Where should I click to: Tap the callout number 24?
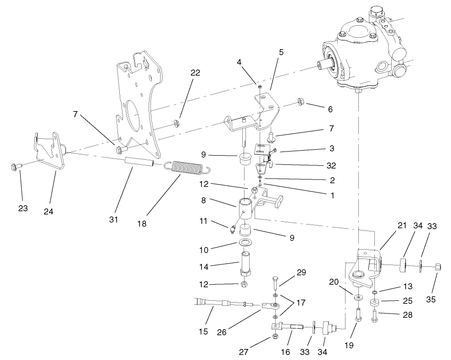coord(48,212)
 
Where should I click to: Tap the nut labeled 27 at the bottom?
coord(275,337)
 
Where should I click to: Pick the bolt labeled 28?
coord(375,315)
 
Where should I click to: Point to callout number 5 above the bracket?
coord(281,52)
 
